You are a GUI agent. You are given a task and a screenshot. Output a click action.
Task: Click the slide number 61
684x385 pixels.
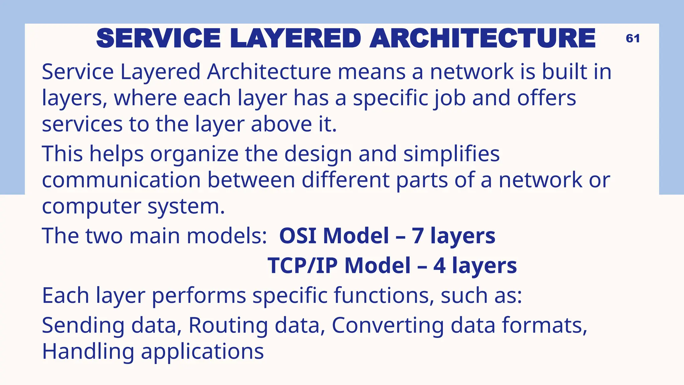click(x=633, y=38)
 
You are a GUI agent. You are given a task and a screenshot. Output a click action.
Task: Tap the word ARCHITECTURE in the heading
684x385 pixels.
click(x=482, y=38)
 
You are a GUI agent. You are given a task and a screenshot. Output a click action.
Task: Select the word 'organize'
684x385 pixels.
click(x=194, y=154)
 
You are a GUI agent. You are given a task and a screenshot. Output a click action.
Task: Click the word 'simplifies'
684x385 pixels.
click(x=451, y=154)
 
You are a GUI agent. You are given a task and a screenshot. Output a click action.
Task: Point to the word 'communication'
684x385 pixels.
click(x=121, y=180)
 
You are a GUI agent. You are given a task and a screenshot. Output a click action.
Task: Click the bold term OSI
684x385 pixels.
click(x=298, y=236)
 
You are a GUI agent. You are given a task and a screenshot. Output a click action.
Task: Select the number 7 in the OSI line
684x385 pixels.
click(x=417, y=236)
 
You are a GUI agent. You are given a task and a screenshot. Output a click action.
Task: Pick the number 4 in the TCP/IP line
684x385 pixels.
click(x=440, y=266)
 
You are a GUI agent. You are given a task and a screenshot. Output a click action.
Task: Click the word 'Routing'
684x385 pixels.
click(x=228, y=325)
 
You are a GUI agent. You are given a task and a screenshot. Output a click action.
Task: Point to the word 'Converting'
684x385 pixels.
click(x=388, y=325)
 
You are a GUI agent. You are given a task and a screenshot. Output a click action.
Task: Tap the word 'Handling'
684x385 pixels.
click(x=88, y=352)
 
